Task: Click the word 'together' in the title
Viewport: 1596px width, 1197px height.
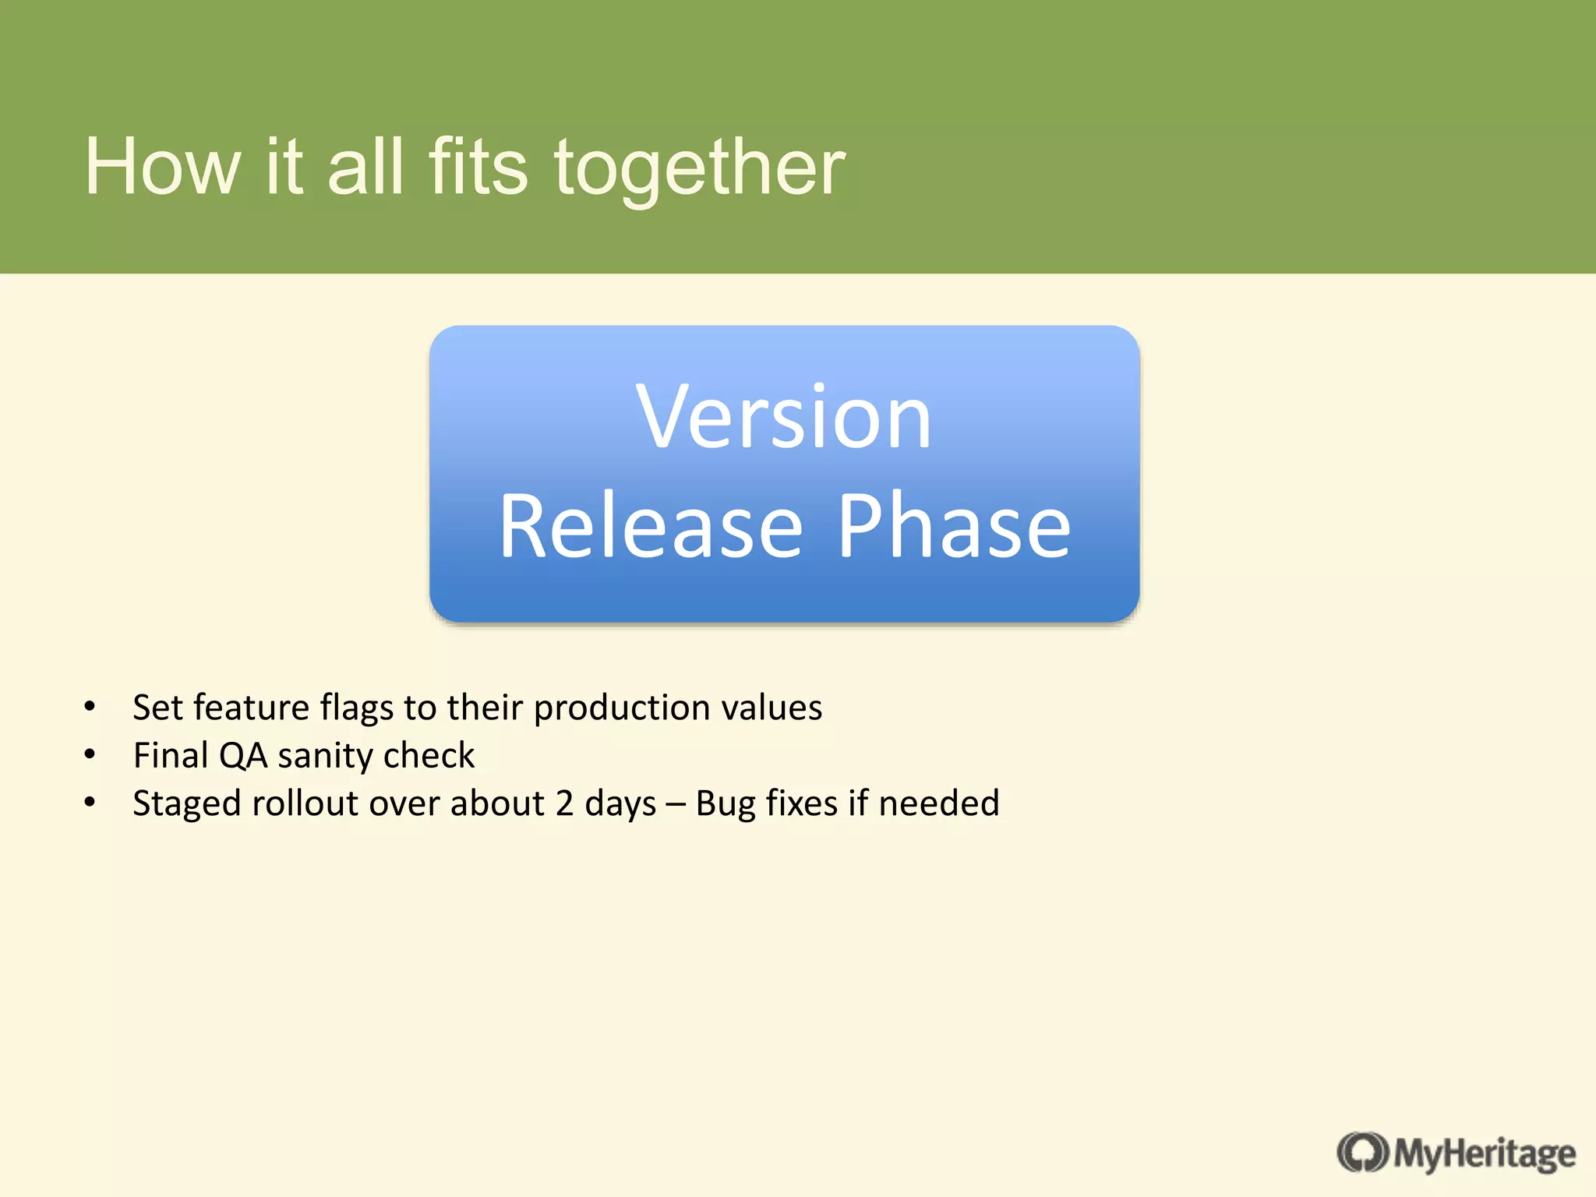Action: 699,168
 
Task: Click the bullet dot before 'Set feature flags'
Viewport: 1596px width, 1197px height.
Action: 90,707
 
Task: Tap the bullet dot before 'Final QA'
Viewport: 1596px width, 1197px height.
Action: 90,754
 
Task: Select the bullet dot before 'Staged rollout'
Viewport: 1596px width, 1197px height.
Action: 90,802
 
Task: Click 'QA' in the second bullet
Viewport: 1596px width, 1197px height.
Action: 243,756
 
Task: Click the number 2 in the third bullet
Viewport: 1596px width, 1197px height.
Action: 563,803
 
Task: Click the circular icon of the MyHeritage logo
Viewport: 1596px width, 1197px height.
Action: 1362,1153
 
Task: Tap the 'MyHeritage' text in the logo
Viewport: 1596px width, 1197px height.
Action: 1485,1154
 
